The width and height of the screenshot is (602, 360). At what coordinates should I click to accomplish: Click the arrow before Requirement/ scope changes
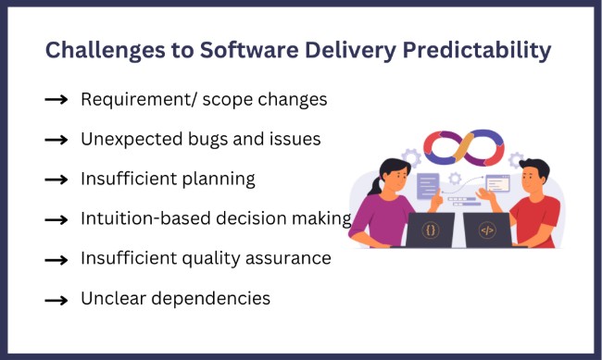[x=56, y=99]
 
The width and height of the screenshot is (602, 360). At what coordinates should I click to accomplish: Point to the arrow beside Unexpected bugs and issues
[x=56, y=139]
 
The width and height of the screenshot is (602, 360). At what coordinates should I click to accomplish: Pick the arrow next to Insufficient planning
[x=56, y=179]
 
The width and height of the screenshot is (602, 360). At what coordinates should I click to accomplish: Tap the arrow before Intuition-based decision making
[x=56, y=218]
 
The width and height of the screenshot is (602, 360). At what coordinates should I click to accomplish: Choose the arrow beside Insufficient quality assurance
[x=56, y=259]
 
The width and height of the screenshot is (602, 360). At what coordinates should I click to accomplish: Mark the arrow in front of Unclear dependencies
[x=56, y=299]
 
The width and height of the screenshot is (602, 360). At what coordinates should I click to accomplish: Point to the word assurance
[x=286, y=258]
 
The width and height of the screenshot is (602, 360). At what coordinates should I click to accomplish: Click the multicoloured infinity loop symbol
[x=463, y=147]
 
